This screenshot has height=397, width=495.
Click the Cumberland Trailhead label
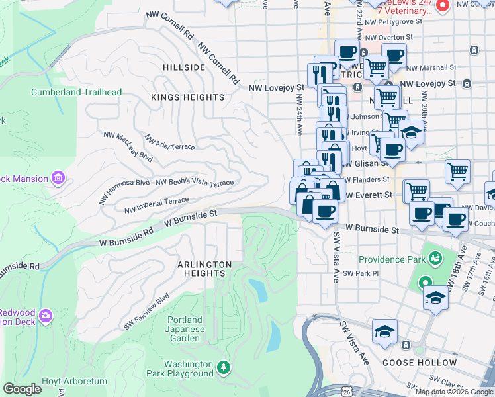point(76,92)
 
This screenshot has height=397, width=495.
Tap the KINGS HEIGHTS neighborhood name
point(187,97)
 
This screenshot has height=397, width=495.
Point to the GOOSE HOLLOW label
point(420,363)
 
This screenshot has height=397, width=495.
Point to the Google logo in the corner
point(22,389)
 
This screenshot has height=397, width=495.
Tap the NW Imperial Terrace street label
point(156,205)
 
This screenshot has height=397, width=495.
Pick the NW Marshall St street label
point(433,67)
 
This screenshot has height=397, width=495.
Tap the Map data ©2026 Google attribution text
point(453,392)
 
